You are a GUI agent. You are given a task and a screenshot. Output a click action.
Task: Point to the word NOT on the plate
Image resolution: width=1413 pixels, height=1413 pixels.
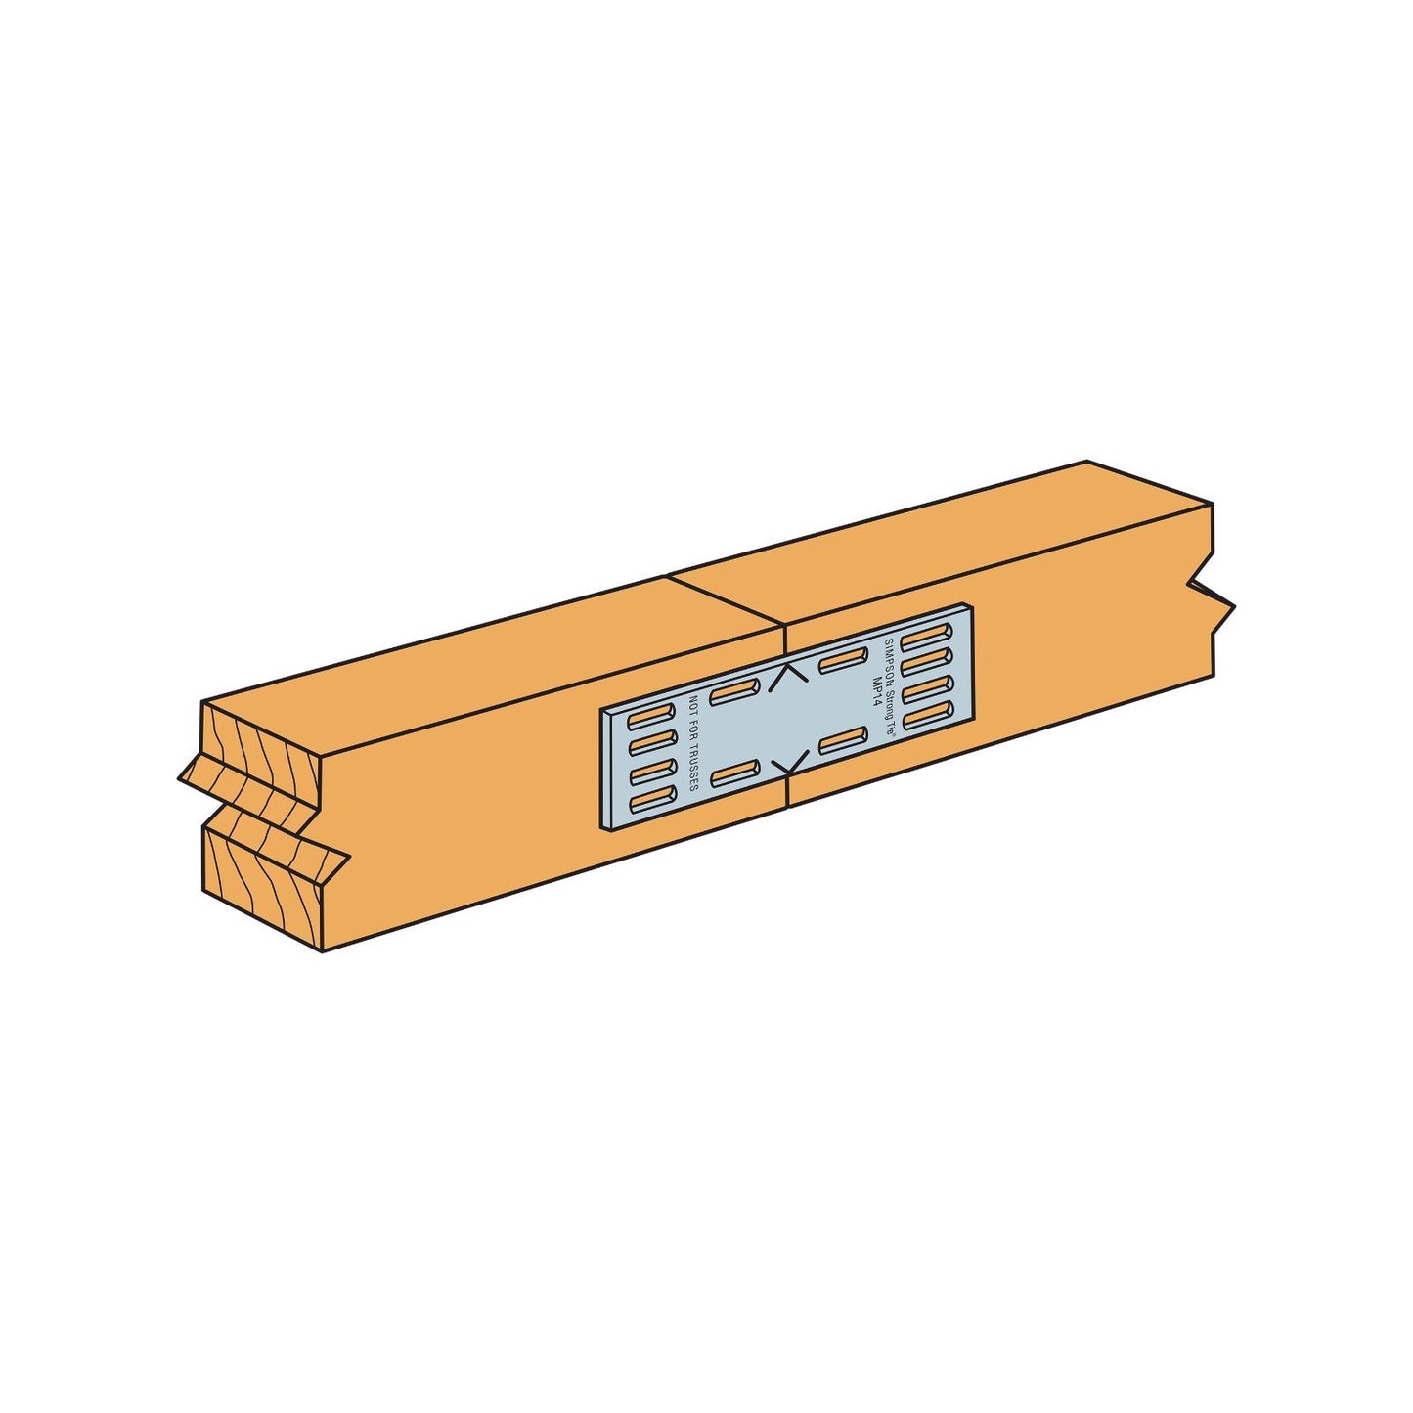point(693,702)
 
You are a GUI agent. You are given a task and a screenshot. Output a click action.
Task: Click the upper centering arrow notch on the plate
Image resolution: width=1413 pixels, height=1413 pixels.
point(787,678)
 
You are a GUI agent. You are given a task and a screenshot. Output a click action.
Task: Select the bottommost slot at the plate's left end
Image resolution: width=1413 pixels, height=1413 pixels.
point(646,801)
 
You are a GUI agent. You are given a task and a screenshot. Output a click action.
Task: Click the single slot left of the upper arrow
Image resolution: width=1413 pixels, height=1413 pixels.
point(730,693)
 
